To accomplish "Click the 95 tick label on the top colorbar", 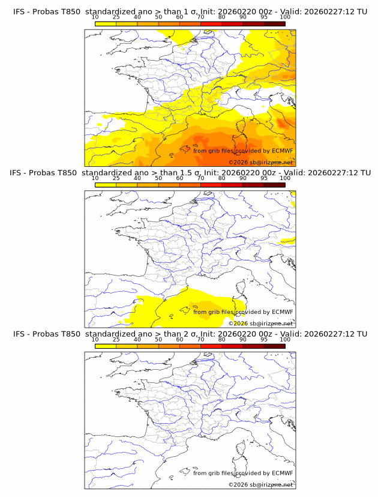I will pyautogui.click(x=264, y=17).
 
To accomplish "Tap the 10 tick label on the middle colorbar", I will pyautogui.click(x=95, y=178).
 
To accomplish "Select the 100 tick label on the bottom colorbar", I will pyautogui.click(x=285, y=339).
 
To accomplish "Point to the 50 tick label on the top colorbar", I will pyautogui.click(x=158, y=17).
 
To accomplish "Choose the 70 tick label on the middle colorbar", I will pyautogui.click(x=200, y=178).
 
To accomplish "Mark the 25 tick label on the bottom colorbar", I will pyautogui.click(x=116, y=339).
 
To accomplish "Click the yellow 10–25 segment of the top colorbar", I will pyautogui.click(x=106, y=23).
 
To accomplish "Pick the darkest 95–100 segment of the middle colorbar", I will pyautogui.click(x=274, y=184).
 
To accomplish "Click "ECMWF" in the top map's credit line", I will pyautogui.click(x=282, y=151).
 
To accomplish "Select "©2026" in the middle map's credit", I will pyautogui.click(x=238, y=324).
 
